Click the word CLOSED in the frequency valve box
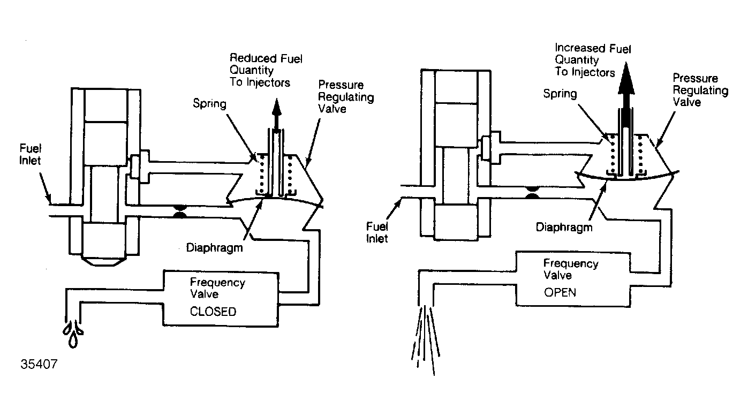pos(213,312)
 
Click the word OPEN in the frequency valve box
pos(560,292)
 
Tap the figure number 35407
pos(39,364)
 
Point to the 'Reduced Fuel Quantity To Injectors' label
pos(266,70)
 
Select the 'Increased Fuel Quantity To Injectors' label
pos(593,60)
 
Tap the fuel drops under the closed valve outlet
pos(73,334)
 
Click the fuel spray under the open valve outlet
pos(426,340)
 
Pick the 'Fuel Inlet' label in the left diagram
pos(30,154)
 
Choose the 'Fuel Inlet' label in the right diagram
pos(377,232)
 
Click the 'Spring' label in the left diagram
pos(209,103)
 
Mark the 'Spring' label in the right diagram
pos(560,94)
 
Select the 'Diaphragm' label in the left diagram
pos(214,248)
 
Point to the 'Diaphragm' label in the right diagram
pos(564,228)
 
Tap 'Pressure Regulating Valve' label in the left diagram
pos(345,96)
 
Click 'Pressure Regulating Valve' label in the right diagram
pos(700,90)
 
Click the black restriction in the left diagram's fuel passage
pos(180,211)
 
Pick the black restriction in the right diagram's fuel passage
pos(532,192)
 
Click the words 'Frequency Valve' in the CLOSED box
pos(217,288)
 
